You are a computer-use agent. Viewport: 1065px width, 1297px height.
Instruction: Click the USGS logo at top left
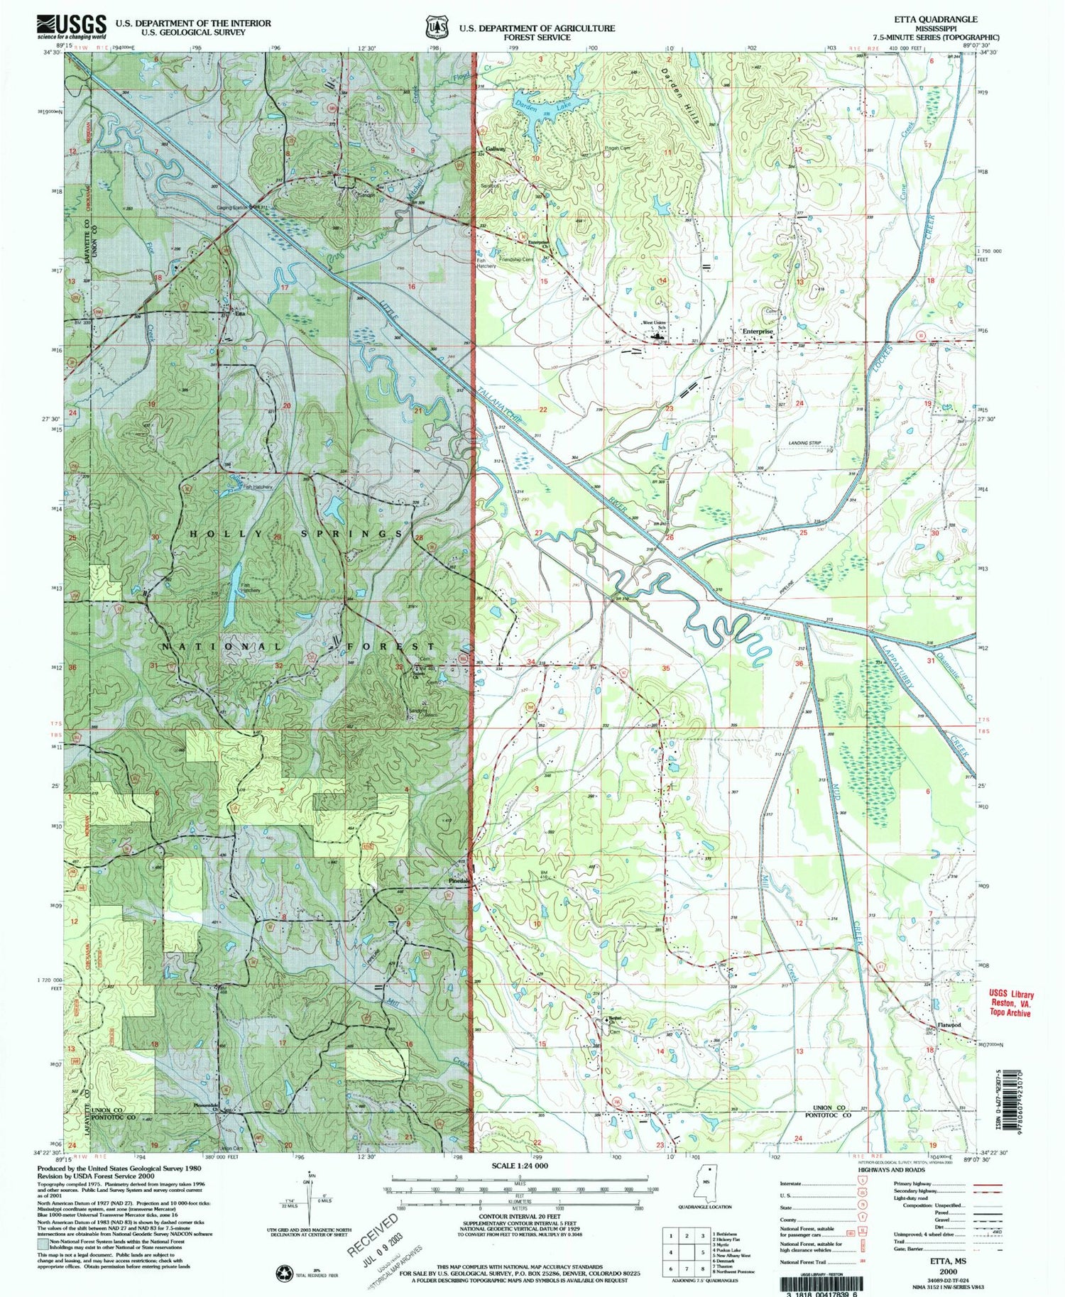click(x=71, y=27)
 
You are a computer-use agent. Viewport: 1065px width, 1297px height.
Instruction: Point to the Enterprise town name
click(x=757, y=332)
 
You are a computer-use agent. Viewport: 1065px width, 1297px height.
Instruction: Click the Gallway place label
click(x=496, y=149)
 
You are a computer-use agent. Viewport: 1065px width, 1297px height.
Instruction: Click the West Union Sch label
click(x=655, y=325)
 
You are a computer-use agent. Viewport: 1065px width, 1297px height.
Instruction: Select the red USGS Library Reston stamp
click(x=1010, y=1004)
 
